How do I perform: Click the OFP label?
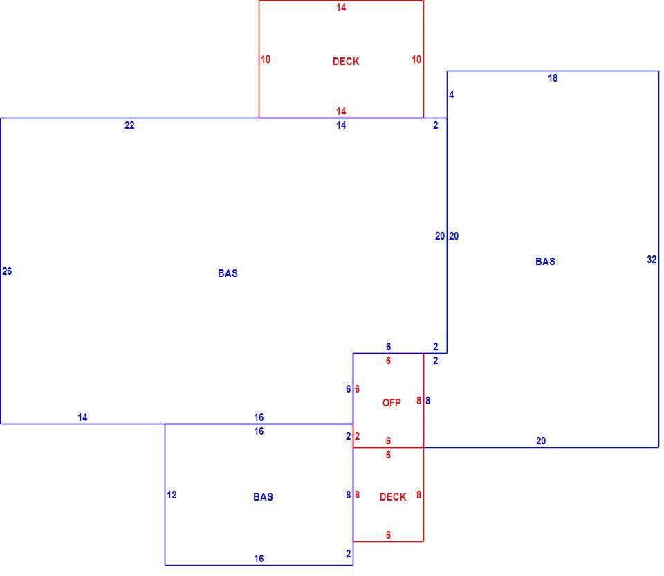click(391, 403)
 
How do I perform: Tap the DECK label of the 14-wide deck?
click(346, 62)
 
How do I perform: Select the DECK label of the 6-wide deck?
click(393, 497)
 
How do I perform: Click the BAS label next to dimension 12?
click(263, 497)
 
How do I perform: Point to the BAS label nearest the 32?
click(545, 262)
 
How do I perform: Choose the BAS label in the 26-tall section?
click(228, 273)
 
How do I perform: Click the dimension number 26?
click(7, 271)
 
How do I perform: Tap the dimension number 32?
click(652, 260)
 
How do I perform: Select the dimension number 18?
click(553, 78)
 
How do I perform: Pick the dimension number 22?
click(129, 125)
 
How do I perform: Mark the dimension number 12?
click(172, 494)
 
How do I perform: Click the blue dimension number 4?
click(452, 95)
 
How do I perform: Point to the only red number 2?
click(358, 435)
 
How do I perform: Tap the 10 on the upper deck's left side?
click(266, 60)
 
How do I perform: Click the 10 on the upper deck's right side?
click(416, 60)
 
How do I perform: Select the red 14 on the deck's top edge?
click(341, 7)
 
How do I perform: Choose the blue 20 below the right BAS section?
click(541, 441)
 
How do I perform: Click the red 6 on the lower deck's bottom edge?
click(388, 535)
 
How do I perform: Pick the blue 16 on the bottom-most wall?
click(259, 559)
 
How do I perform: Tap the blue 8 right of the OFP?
click(427, 401)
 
